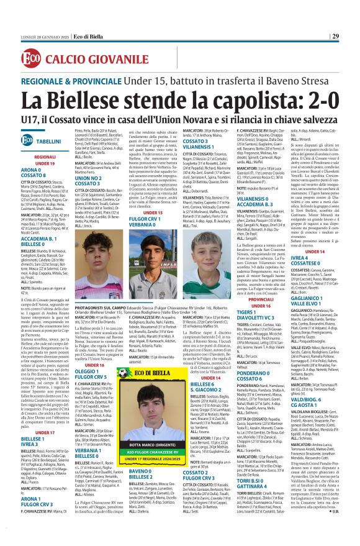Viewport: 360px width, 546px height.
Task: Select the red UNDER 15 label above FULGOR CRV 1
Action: click(x=153, y=212)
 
